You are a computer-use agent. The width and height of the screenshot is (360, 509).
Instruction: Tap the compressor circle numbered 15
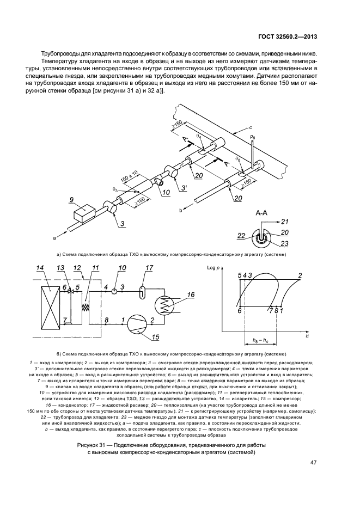tap(138, 324)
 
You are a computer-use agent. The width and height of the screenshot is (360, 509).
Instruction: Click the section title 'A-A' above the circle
tap(260, 214)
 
